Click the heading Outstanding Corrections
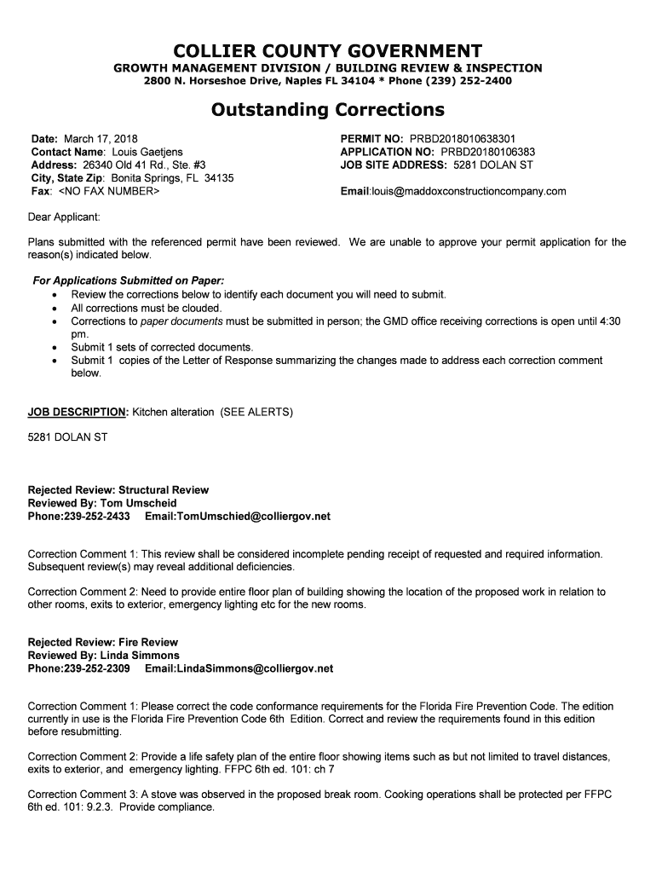[x=328, y=109]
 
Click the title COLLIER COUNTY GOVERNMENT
[x=328, y=50]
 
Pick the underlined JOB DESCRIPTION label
[x=78, y=412]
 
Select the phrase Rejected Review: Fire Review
[x=103, y=642]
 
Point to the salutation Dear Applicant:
[x=66, y=216]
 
